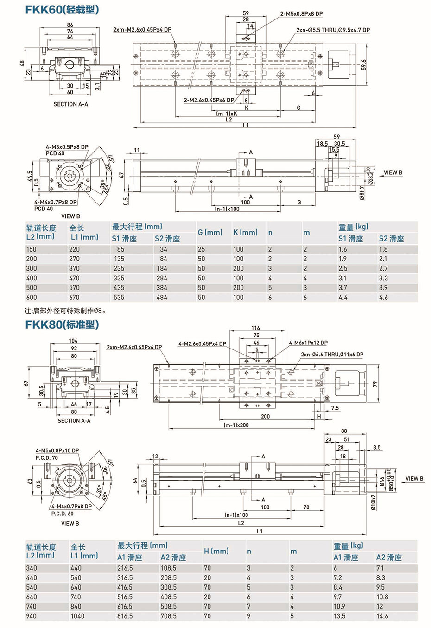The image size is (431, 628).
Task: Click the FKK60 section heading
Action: click(62, 9)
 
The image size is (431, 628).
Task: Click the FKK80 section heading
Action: click(62, 324)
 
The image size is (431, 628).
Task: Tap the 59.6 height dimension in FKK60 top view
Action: click(364, 64)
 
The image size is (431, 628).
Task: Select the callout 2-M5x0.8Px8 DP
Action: click(301, 14)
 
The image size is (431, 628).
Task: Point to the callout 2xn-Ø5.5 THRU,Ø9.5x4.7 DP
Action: click(333, 30)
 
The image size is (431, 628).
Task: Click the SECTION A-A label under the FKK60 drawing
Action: click(70, 104)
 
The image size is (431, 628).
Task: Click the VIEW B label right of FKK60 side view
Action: click(393, 172)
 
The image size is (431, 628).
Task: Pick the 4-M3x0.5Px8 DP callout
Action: click(67, 147)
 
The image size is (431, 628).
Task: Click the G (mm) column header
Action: click(210, 232)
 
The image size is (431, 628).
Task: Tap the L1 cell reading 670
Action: click(74, 298)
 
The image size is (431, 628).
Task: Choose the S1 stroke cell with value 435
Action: click(119, 288)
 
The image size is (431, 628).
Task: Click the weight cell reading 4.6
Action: click(383, 298)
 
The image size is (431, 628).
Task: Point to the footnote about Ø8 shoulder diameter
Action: click(65, 311)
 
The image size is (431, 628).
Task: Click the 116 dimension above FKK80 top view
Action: click(256, 328)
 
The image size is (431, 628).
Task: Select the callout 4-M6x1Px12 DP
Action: click(308, 343)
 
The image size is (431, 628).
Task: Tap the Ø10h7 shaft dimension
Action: click(374, 502)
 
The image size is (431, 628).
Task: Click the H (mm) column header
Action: click(216, 551)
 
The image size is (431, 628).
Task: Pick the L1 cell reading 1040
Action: click(77, 616)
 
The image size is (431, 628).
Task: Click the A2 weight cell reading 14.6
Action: click(382, 616)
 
